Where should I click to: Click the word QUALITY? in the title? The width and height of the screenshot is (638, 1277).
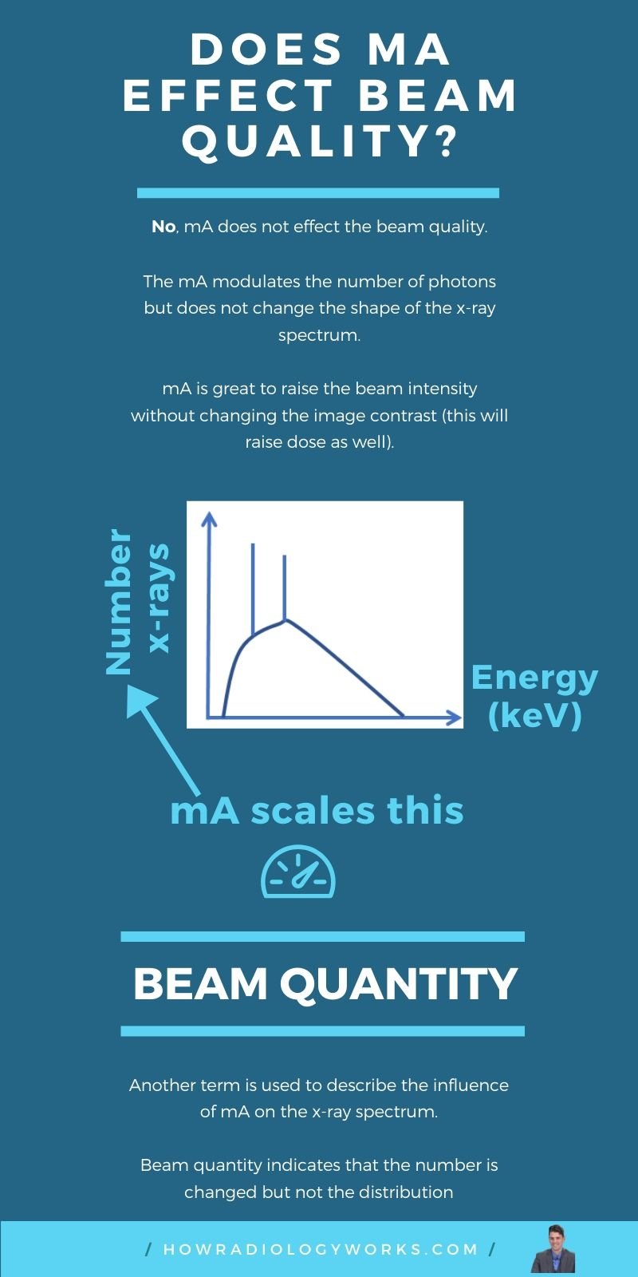[320, 143]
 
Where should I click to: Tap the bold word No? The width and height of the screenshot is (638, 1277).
[163, 227]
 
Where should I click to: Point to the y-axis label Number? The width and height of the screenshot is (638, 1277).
[119, 602]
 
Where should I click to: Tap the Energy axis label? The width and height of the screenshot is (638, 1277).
[534, 678]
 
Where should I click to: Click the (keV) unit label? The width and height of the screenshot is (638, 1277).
[534, 715]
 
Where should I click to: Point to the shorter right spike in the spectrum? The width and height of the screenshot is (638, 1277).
[285, 587]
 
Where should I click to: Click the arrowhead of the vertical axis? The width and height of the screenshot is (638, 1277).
[209, 519]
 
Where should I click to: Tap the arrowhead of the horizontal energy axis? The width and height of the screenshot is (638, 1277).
[455, 718]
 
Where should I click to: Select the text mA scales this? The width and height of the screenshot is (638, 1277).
[317, 810]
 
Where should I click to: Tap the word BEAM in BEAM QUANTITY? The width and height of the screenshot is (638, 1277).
[199, 983]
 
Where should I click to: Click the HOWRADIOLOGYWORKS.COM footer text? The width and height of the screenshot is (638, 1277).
[320, 1250]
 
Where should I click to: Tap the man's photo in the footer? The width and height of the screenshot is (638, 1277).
[553, 1248]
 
